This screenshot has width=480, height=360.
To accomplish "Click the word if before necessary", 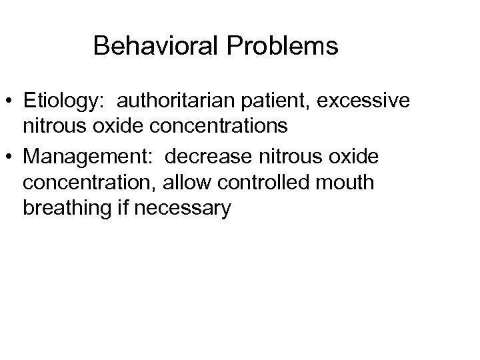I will point(121,209).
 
